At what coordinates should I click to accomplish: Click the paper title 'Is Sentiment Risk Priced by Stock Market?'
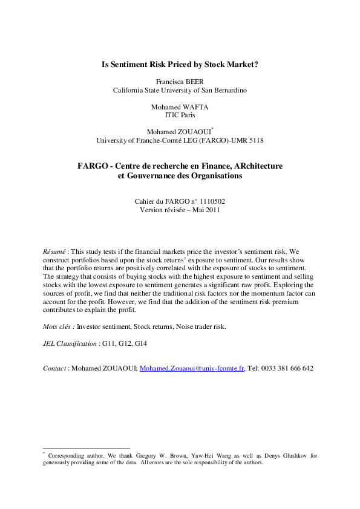(x=180, y=63)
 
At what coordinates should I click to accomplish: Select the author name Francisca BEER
(x=180, y=80)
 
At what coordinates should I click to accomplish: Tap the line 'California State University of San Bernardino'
(x=180, y=89)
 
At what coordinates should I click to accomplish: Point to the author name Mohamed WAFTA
(x=180, y=106)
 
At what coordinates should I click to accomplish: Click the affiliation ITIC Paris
(x=180, y=115)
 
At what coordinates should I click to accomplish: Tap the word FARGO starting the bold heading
(x=94, y=166)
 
